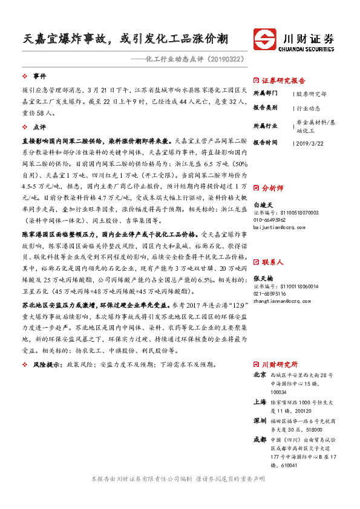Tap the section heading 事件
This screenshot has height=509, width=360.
39,76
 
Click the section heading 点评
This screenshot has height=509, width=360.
39,128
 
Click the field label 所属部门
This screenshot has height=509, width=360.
265,94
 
